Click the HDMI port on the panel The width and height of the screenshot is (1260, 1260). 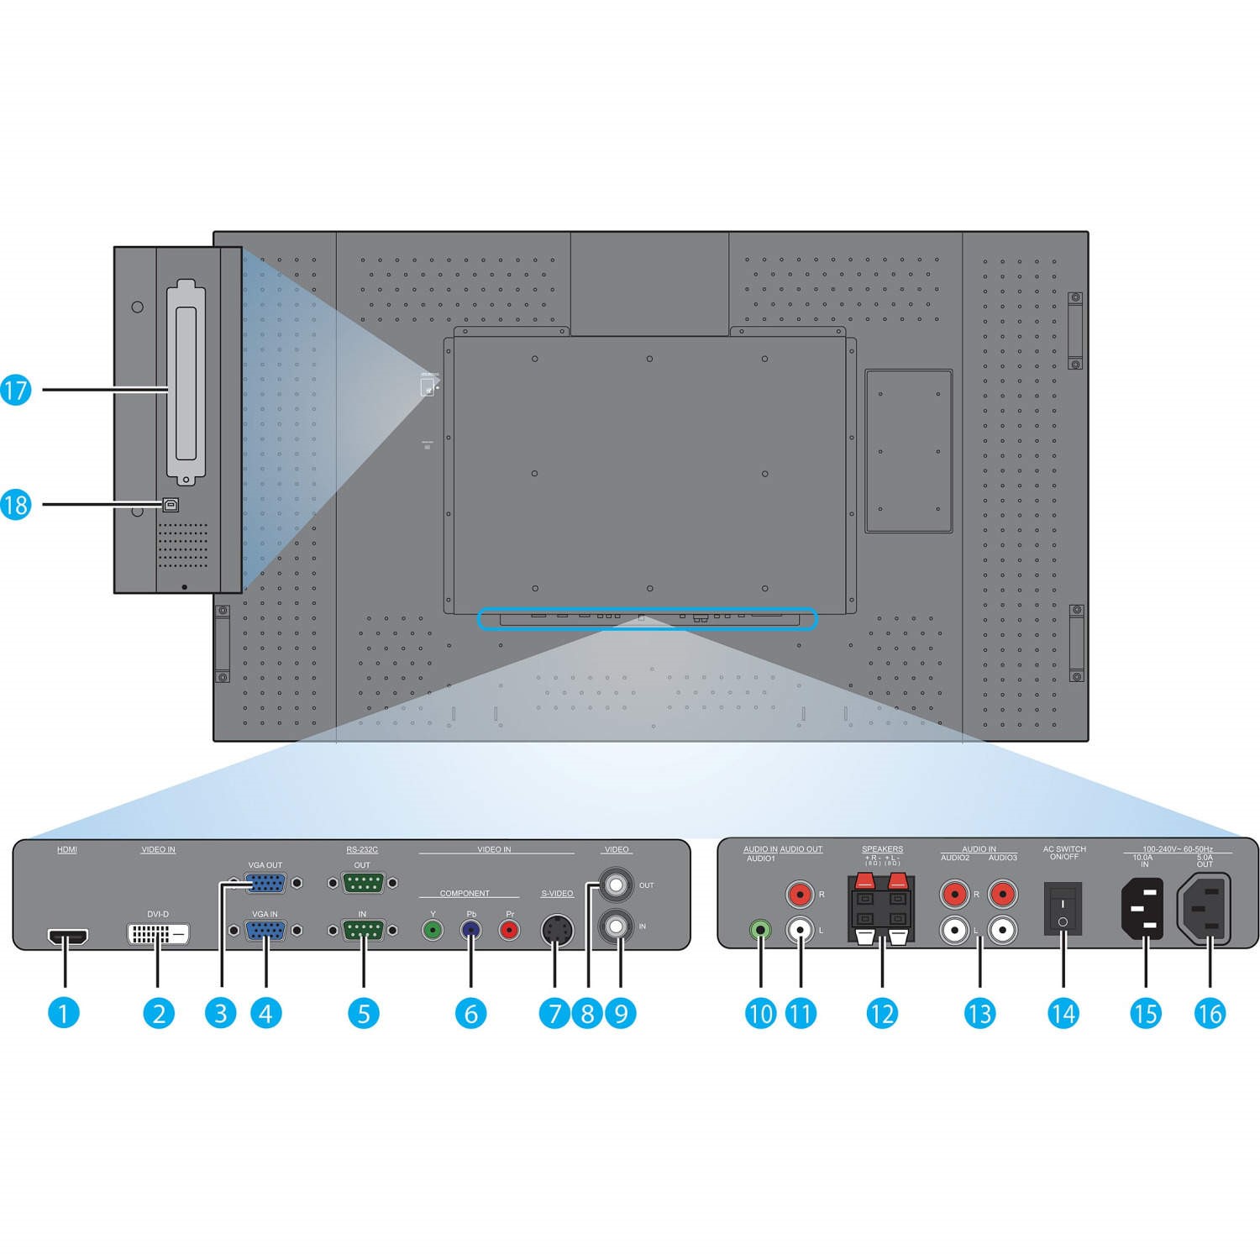click(68, 936)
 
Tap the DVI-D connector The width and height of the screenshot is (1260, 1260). click(158, 932)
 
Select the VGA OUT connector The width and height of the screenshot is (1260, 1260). click(265, 883)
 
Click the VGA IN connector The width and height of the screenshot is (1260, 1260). click(265, 931)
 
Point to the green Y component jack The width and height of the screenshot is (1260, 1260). click(433, 931)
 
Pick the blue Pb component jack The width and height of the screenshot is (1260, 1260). click(470, 931)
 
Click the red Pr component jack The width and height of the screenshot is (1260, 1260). click(509, 931)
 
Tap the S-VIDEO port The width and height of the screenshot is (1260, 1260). click(554, 929)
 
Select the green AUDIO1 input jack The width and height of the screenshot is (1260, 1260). click(760, 931)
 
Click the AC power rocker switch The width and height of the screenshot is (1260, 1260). click(1063, 909)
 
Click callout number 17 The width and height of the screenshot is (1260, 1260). click(16, 390)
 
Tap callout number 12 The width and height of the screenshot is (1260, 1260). click(882, 1013)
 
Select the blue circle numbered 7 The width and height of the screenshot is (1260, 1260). click(554, 1013)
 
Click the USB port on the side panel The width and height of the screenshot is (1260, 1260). click(170, 506)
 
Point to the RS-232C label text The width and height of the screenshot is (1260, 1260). click(362, 849)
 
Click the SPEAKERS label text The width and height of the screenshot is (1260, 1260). click(882, 849)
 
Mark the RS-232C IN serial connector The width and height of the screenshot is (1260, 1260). click(363, 931)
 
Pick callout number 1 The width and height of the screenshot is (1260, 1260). click(63, 1013)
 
